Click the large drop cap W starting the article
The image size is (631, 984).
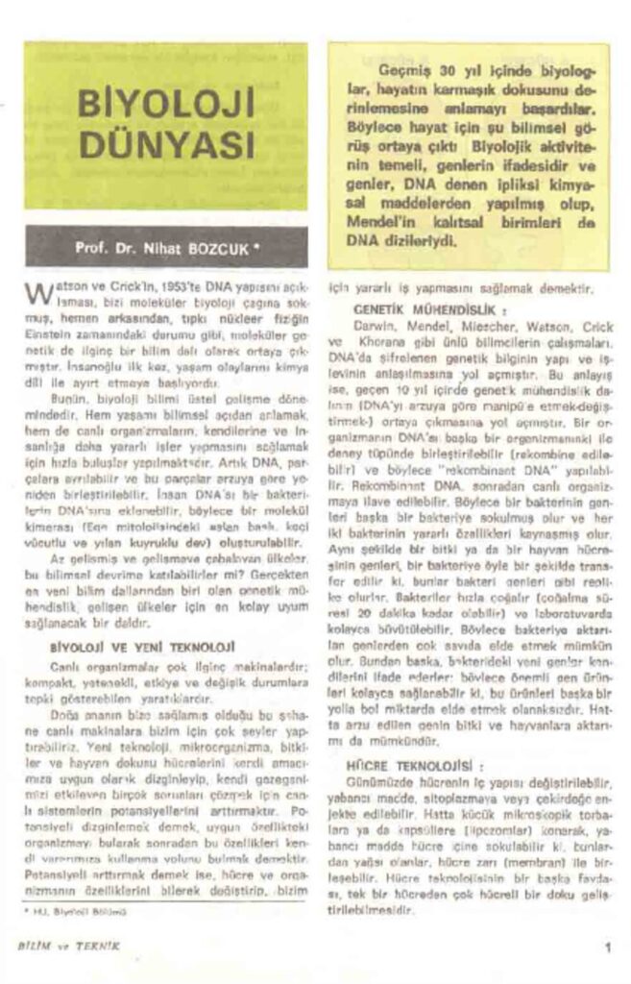click(36, 291)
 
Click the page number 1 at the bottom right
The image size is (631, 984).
click(608, 946)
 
